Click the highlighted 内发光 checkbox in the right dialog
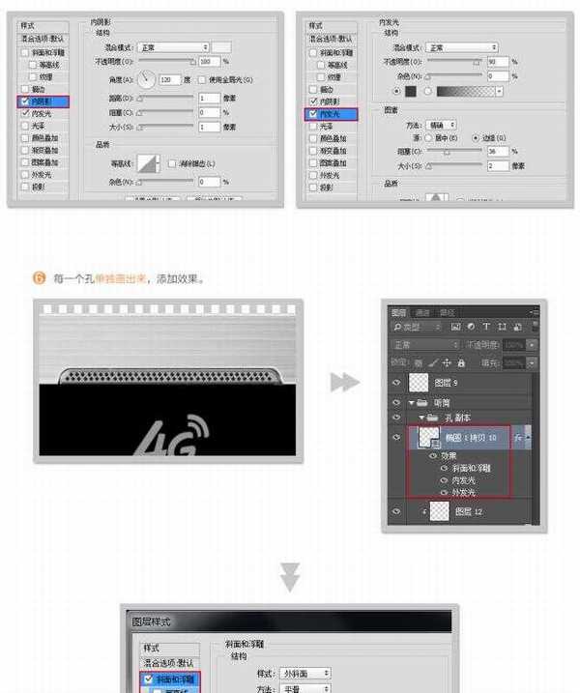(312, 113)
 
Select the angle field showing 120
(169, 79)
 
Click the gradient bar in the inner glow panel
(466, 92)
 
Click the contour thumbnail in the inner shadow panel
(149, 164)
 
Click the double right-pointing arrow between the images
(344, 382)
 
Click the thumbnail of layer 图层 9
(419, 383)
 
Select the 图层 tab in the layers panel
(399, 312)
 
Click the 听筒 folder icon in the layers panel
(420, 402)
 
